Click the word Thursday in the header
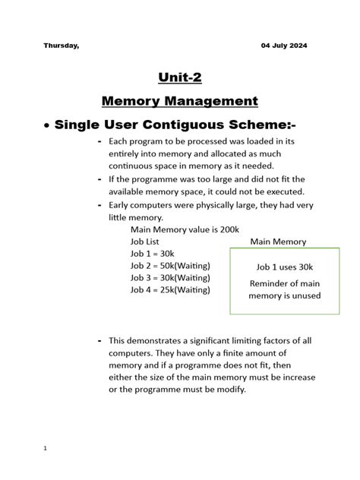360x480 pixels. (x=61, y=46)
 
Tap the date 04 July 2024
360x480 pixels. (x=284, y=46)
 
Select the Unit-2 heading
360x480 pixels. (x=180, y=77)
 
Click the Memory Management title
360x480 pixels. (x=180, y=101)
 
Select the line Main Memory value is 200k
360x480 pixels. (x=185, y=229)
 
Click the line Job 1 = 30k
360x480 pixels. (x=152, y=254)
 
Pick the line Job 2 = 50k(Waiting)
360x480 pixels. (x=170, y=266)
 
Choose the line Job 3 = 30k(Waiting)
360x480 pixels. (x=170, y=277)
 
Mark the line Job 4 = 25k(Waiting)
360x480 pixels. (x=170, y=289)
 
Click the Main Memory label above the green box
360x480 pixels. (x=278, y=242)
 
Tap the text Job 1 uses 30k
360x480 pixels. (x=285, y=267)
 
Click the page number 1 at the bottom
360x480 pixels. (x=46, y=448)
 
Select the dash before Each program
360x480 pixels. (x=101, y=142)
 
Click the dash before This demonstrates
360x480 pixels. (x=101, y=341)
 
